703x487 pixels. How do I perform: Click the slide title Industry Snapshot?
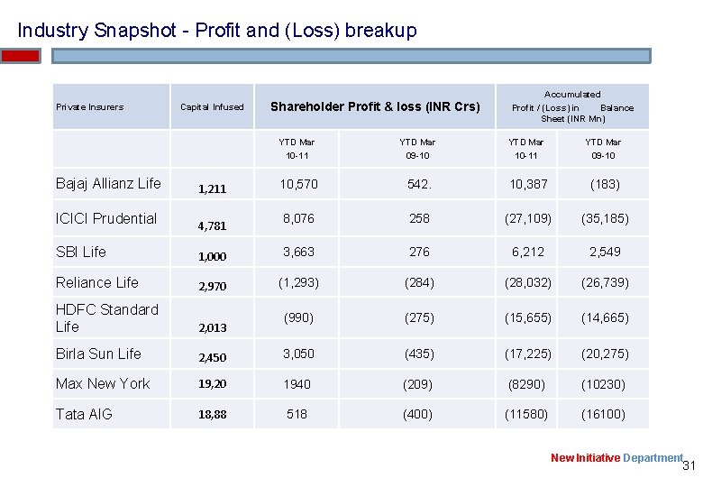tap(217, 30)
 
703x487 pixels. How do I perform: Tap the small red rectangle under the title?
tap(21, 56)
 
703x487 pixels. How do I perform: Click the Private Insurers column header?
tap(89, 106)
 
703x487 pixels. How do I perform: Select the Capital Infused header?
tap(212, 106)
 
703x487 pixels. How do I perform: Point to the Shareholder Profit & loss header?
tap(375, 106)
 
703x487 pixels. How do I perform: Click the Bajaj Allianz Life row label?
tap(108, 183)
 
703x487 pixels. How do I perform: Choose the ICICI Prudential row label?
tap(106, 218)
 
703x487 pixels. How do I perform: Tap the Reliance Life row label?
tap(97, 282)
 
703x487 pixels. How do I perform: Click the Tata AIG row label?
tap(83, 414)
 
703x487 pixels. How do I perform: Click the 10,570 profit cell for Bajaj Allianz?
tap(297, 184)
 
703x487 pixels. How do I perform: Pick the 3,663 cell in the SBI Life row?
tap(297, 252)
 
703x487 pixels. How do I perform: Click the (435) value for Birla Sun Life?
tap(419, 354)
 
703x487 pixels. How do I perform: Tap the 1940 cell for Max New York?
tap(297, 384)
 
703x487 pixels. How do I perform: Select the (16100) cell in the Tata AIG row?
tap(603, 414)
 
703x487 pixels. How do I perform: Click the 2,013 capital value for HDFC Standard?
tap(213, 328)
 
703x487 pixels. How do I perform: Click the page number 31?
tap(690, 466)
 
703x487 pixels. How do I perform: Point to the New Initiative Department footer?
tap(617, 458)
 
